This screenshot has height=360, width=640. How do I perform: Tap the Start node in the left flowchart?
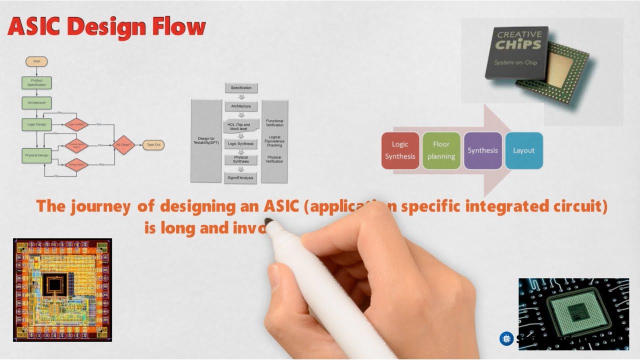(36, 61)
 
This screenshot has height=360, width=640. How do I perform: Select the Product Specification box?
(36, 83)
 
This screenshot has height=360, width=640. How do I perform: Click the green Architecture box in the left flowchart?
(36, 103)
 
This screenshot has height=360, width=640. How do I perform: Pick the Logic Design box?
(36, 124)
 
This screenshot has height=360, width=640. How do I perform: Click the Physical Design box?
(36, 155)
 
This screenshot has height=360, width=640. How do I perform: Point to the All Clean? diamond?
(124, 145)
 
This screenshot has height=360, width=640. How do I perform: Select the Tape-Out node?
(153, 145)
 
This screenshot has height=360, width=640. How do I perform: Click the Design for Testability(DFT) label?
(206, 141)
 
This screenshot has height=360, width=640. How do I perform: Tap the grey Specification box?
(241, 88)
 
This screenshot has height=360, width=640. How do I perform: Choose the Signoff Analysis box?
(240, 178)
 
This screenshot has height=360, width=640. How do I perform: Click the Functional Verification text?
(274, 123)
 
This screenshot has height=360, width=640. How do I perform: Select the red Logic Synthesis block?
(400, 150)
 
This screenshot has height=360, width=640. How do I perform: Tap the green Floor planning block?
(441, 150)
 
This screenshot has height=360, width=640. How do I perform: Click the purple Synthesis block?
(482, 150)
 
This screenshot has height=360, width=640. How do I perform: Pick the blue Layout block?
(523, 150)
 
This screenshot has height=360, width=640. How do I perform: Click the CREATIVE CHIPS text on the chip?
(518, 40)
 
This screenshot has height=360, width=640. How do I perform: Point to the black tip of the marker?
(268, 222)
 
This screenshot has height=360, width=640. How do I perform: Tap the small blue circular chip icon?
(506, 339)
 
